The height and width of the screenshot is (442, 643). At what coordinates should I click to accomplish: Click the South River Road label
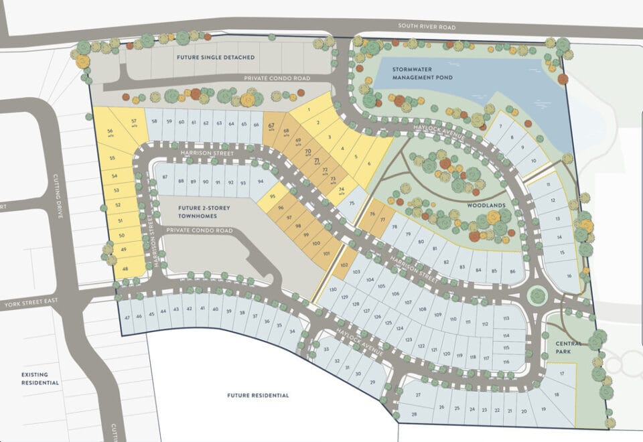tap(427, 27)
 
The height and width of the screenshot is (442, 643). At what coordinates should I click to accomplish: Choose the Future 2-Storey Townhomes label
tap(204, 212)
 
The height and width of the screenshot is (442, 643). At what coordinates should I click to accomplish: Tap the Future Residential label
tap(258, 395)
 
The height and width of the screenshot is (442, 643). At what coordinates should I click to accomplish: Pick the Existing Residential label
tap(40, 378)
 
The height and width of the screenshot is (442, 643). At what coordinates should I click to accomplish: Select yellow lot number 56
tap(110, 131)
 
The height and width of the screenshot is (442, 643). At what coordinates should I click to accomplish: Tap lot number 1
tap(309, 109)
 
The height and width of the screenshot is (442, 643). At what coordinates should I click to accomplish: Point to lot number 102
tap(344, 265)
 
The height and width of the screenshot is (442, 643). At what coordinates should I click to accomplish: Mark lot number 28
tap(413, 415)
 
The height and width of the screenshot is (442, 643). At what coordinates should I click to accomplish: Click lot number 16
tap(569, 276)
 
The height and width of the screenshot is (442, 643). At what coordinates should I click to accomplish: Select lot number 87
tap(165, 177)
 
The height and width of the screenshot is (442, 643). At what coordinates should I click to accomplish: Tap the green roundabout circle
tap(537, 295)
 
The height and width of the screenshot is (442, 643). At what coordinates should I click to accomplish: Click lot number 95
tap(271, 196)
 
